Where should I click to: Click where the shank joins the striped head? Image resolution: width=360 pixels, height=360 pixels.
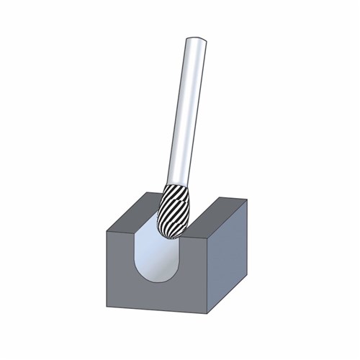click(x=183, y=184)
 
